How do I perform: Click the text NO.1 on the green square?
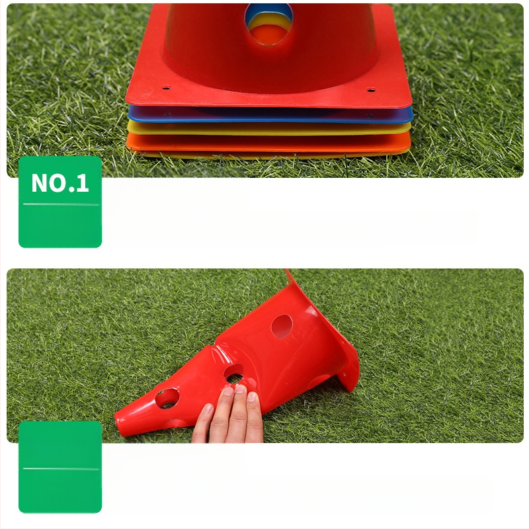coord(60,183)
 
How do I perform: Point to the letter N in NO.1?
coord(39,183)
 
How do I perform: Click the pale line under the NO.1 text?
coord(61,204)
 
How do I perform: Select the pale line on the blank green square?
coord(61,469)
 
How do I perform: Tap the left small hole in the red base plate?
coord(166,88)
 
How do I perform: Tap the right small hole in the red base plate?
coord(371,90)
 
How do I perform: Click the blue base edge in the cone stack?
coord(270,115)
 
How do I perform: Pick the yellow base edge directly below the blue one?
coord(269,128)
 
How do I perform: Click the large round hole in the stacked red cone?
coord(268,24)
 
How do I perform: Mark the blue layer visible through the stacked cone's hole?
coord(268,10)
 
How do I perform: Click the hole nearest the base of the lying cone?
coord(282,326)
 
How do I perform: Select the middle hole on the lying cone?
coord(234,374)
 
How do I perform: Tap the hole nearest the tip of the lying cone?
coord(167,399)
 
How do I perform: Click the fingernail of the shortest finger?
coord(208,409)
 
